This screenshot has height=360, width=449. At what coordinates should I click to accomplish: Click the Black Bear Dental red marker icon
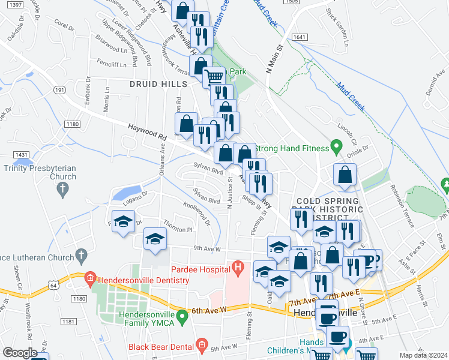click(x=201, y=346)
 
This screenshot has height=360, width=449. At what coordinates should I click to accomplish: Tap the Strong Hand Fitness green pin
click(x=337, y=146)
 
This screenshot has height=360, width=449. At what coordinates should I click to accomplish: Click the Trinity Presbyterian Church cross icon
click(x=62, y=190)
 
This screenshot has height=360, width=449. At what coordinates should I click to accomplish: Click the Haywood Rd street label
click(x=146, y=131)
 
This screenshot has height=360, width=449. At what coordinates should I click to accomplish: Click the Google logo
click(x=20, y=352)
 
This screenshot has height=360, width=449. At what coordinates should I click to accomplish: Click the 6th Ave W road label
click(x=209, y=310)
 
